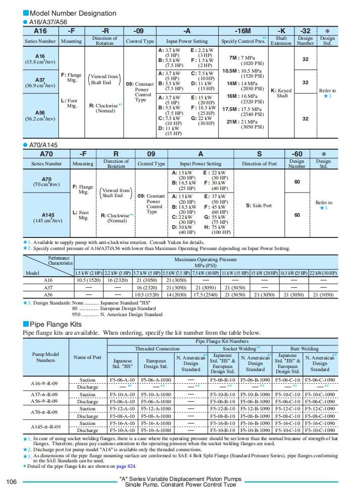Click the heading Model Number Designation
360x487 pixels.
(73, 13)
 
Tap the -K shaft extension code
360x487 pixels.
(281, 30)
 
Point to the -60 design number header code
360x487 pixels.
(297, 154)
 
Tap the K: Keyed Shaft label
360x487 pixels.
(281, 93)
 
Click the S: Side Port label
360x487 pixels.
(259, 205)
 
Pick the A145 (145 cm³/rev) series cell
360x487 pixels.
(48, 218)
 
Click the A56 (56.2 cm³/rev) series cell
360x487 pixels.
(40, 115)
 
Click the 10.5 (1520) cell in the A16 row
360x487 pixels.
(88, 280)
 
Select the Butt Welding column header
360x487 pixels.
(304, 348)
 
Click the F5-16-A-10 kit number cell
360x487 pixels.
(122, 423)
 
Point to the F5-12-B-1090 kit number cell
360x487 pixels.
(255, 409)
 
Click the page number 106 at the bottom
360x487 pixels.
(12, 482)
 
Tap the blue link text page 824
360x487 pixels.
(127, 466)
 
